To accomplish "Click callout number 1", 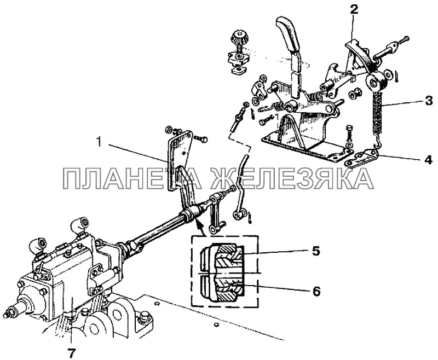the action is pos(99,142).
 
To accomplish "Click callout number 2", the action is pos(354,9).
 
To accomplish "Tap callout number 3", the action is pos(429,100).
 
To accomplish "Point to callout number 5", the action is pos(315,251).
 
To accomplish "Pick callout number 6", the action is pos(316,291).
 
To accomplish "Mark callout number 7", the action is pos(72,353).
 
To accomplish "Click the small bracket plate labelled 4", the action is pos(362,158).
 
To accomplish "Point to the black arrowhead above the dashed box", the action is pos(198,223).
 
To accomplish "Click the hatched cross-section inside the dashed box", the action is pos(228,272).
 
